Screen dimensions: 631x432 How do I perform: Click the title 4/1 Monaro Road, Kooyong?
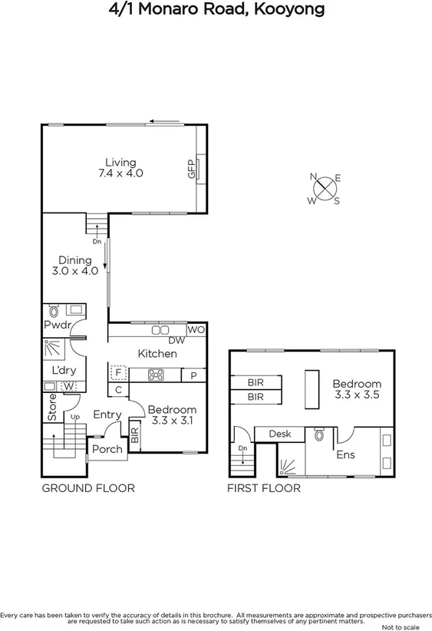coord(216,10)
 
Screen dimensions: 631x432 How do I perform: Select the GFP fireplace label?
coord(191,169)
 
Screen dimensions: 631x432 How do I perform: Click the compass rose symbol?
coord(325,188)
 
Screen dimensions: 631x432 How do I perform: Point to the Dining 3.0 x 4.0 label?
coord(75,265)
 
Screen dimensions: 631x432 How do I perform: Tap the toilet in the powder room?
coord(54,312)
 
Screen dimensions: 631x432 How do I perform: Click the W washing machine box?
coord(69,385)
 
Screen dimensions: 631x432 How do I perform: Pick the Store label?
coord(52,412)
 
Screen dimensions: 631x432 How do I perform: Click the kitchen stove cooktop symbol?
coord(156,375)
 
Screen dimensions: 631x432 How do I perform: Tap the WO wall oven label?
coord(195,329)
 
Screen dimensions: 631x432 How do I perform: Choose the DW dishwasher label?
coord(176,340)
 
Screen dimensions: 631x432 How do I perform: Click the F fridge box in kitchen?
coord(117,372)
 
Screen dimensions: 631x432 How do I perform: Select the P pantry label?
coord(193,375)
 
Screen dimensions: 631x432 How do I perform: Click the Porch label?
coord(107,448)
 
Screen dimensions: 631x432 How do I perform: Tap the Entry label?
coord(107,415)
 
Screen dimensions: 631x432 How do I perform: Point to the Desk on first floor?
coord(279,434)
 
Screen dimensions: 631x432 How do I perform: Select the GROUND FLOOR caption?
coord(87,487)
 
